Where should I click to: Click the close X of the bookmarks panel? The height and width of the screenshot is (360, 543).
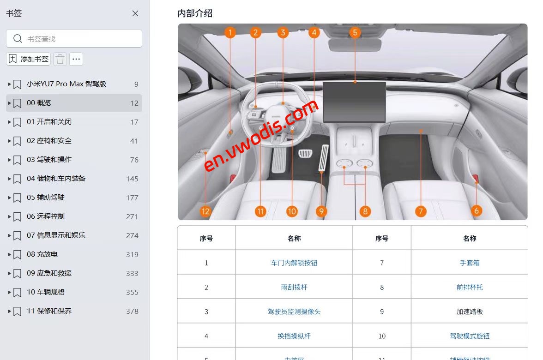click(135, 13)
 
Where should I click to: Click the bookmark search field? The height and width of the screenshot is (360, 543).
click(74, 39)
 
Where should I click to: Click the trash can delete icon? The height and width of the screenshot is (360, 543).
click(60, 59)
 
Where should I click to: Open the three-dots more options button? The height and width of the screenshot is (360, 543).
click(76, 59)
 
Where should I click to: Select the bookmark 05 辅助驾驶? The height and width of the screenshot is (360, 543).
click(46, 198)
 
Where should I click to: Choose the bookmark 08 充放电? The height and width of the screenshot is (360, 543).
click(42, 254)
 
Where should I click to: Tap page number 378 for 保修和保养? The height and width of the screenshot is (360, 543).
click(132, 311)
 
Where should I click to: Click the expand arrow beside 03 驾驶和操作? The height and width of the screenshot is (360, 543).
click(9, 160)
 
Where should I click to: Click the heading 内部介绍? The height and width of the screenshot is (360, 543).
click(195, 13)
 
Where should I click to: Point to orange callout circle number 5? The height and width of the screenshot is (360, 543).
click(355, 32)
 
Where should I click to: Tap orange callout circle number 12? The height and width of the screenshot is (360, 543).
click(205, 211)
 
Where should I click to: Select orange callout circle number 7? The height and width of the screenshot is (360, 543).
click(421, 211)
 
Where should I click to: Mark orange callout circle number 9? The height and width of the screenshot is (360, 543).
click(322, 211)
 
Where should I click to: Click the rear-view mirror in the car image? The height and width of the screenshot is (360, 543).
click(355, 45)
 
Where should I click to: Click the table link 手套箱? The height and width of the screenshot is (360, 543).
click(470, 263)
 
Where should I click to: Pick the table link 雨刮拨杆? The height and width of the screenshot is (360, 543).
click(294, 287)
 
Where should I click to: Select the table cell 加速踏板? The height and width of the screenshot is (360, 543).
click(470, 312)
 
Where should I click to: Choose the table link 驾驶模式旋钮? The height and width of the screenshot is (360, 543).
click(470, 336)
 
